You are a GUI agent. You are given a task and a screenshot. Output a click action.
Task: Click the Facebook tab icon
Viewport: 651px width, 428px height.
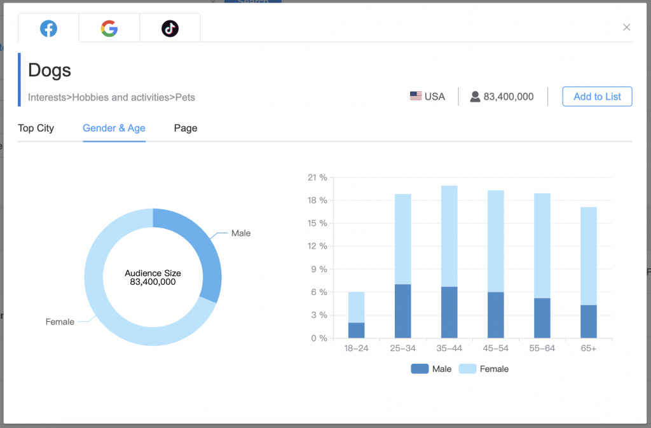48,29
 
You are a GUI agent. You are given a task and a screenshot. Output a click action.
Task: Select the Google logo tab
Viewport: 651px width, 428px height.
109,29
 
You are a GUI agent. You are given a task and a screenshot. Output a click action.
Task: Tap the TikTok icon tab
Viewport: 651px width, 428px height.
170,29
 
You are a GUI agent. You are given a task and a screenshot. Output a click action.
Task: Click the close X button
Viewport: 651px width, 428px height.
626,27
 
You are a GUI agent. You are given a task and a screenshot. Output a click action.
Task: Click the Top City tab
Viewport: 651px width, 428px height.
36,128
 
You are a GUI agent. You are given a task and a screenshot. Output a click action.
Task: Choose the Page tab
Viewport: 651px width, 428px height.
186,128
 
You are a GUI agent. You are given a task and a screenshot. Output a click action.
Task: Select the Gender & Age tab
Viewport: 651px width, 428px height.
114,128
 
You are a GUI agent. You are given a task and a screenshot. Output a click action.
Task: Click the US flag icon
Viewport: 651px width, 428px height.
416,97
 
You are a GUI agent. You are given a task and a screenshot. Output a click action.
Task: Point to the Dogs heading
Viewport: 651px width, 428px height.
50,70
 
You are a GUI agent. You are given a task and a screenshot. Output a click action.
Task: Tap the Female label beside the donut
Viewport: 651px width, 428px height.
60,322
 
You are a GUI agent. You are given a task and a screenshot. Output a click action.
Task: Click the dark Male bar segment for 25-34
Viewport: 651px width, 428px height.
403,311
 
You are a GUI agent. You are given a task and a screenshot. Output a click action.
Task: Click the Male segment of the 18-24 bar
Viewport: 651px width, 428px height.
357,330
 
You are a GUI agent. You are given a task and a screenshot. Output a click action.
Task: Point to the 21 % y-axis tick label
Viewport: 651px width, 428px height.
317,177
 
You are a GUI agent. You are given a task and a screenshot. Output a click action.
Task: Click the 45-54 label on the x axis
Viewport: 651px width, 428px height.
496,349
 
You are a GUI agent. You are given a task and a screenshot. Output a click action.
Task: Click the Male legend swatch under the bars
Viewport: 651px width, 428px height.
420,369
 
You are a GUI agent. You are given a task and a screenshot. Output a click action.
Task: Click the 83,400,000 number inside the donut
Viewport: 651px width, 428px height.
153,282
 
